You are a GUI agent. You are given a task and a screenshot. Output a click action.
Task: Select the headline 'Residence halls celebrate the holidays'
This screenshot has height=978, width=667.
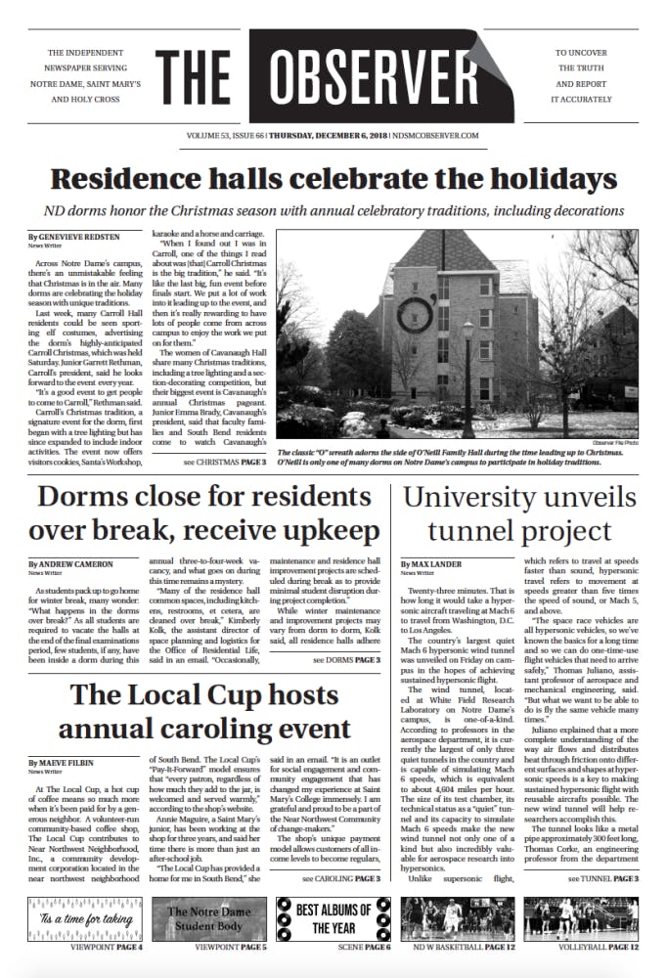point(333,179)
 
